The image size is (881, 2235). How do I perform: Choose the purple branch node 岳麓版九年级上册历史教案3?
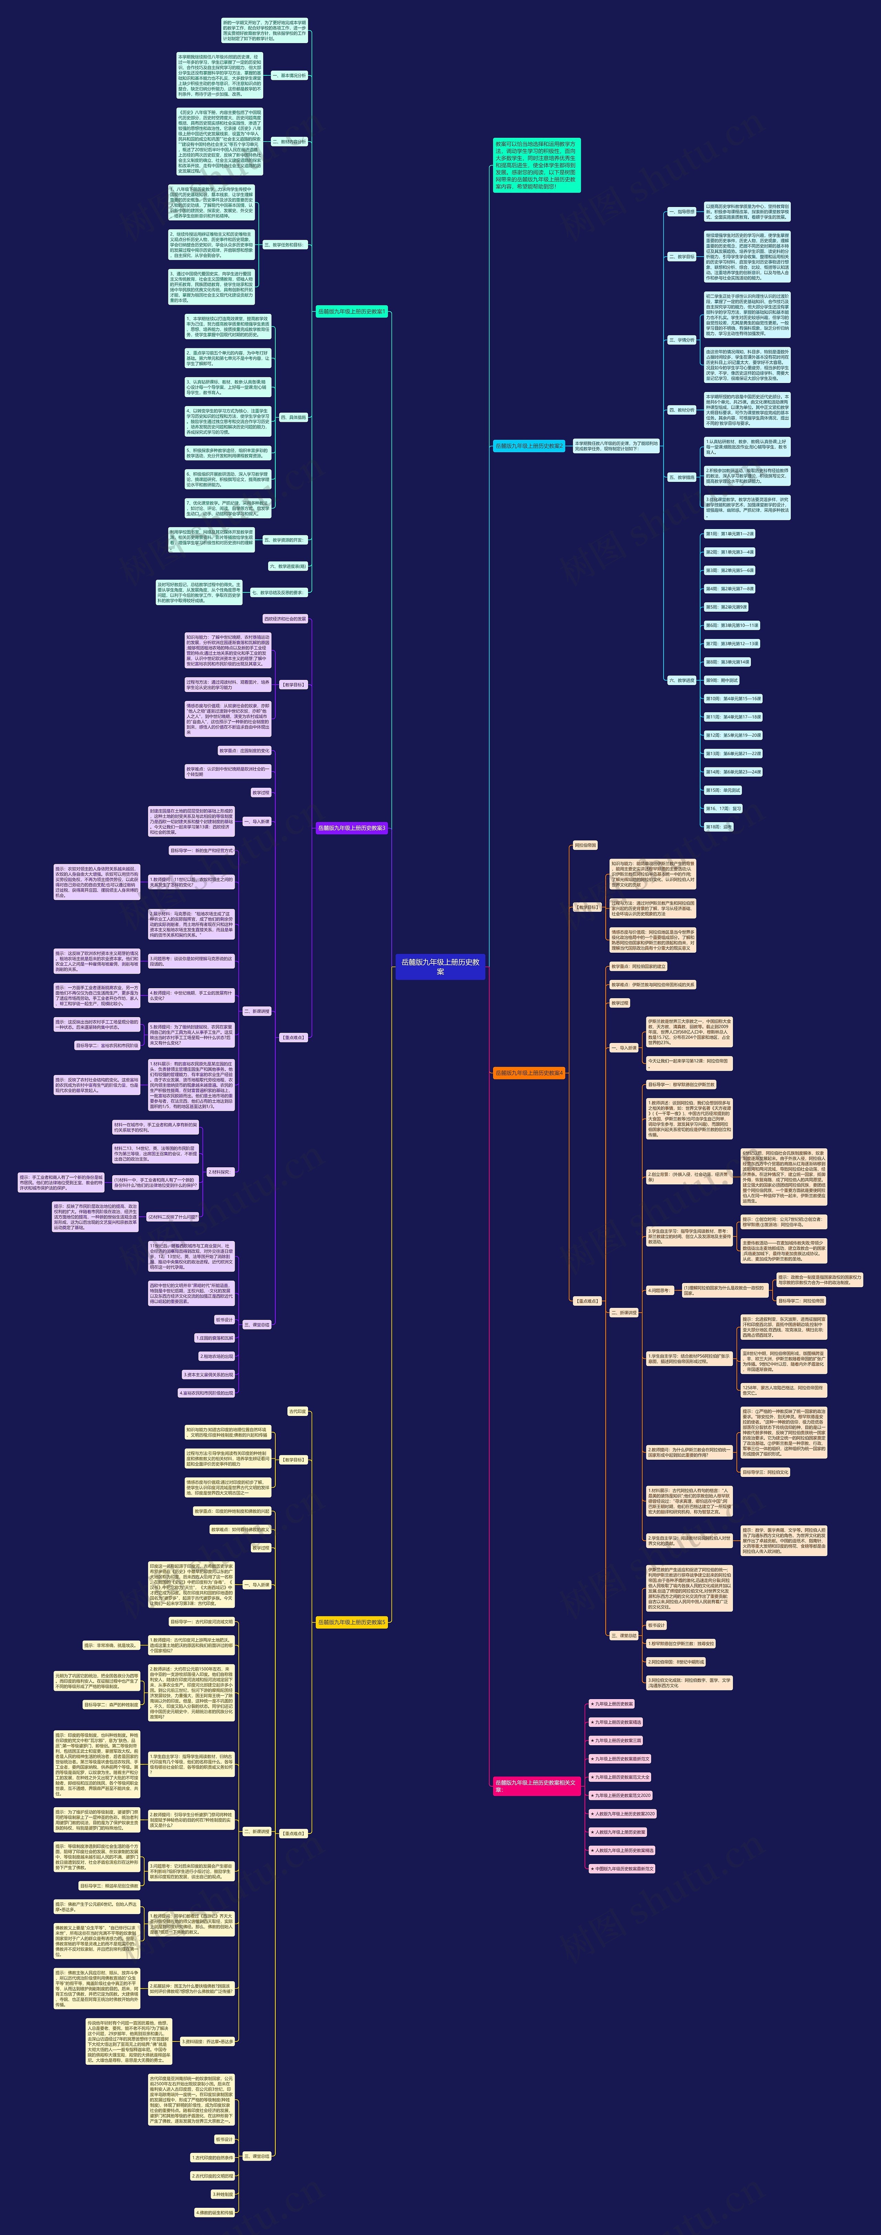click(351, 828)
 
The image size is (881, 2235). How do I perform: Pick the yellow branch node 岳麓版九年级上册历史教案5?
click(351, 1622)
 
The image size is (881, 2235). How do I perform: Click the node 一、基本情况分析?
click(289, 75)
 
